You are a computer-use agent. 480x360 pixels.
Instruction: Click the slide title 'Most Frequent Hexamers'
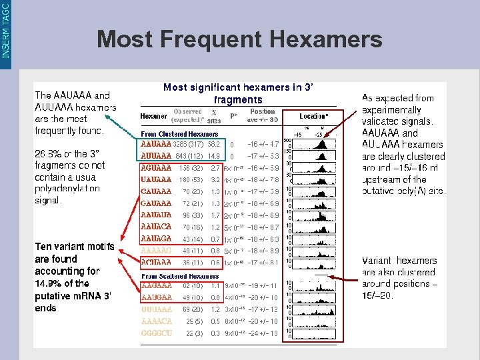point(239,39)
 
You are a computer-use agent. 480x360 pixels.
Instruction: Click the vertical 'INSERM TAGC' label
point(6,30)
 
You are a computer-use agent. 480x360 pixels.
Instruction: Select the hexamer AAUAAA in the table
point(155,143)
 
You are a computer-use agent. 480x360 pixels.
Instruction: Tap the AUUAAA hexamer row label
point(155,155)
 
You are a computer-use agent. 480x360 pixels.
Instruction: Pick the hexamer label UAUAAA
point(155,179)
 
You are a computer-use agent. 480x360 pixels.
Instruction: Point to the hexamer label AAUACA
point(155,227)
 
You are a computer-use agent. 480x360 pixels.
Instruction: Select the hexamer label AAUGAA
point(155,298)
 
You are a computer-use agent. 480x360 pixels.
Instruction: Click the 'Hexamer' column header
point(154,116)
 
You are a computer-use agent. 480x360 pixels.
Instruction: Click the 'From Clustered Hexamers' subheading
point(179,134)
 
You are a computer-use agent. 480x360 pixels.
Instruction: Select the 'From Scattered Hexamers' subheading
point(179,276)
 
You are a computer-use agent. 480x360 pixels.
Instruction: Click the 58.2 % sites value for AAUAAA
point(215,143)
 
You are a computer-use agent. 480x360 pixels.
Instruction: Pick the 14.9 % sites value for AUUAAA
point(215,155)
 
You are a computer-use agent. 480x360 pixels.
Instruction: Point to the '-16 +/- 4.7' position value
point(263,143)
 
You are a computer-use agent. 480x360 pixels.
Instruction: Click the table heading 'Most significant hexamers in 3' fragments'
point(238,93)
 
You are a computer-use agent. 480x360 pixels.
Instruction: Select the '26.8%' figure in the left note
point(47,153)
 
